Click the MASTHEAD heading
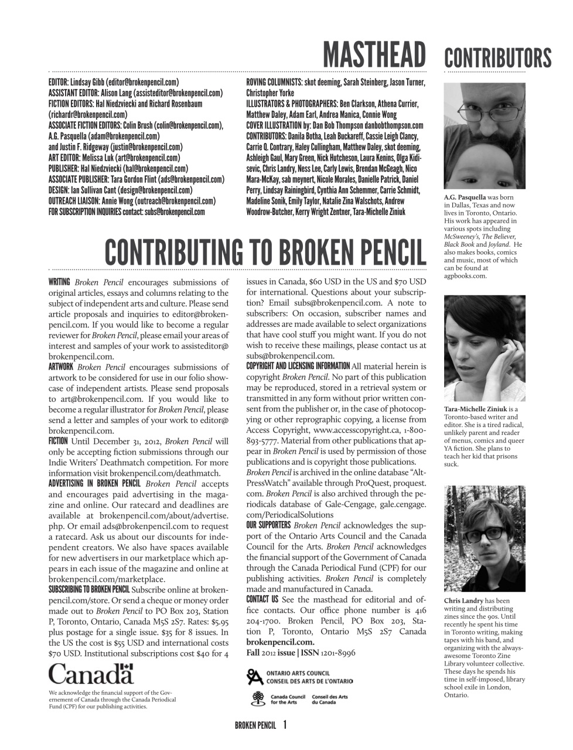pyautogui.click(x=374, y=55)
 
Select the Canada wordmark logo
pyautogui.click(x=91, y=674)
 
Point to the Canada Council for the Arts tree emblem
pyautogui.click(x=255, y=698)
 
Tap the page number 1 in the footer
pyautogui.click(x=285, y=725)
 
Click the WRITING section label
pyautogui.click(x=59, y=282)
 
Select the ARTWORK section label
pyautogui.click(x=60, y=367)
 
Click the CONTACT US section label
pyautogui.click(x=262, y=599)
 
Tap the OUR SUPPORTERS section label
pyautogui.click(x=268, y=525)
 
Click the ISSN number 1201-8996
pyautogui.click(x=336, y=652)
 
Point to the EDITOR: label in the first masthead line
pyautogui.click(x=59, y=83)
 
